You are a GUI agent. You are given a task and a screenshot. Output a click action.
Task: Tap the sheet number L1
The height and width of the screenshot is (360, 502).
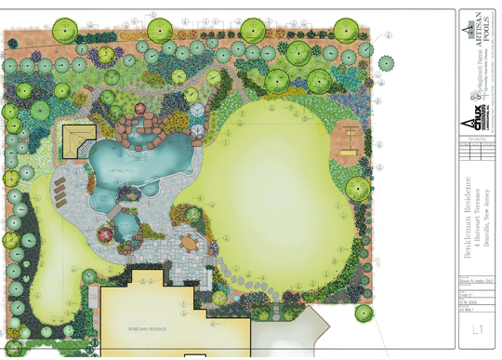click(478, 329)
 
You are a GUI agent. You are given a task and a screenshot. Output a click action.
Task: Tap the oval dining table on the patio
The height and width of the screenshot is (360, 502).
click(190, 244)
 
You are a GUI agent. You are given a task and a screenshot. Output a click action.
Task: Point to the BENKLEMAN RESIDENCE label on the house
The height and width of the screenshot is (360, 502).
click(140, 329)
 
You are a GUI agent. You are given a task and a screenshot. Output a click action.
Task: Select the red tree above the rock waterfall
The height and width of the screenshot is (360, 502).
click(141, 108)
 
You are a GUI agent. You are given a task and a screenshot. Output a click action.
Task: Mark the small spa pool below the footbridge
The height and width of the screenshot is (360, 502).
click(125, 227)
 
